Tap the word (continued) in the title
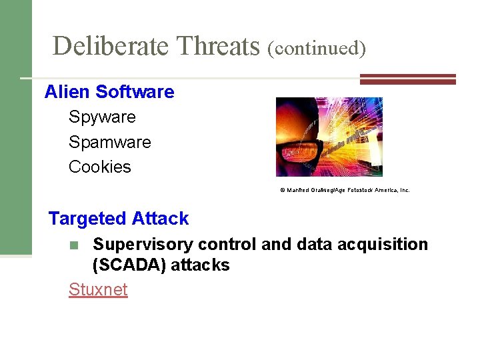[317, 48]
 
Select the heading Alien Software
[109, 92]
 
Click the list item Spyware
[102, 117]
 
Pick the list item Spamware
[110, 143]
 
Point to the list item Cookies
[100, 167]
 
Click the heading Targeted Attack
[119, 219]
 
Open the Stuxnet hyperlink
[98, 290]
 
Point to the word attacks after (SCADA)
[201, 265]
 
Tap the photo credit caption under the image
[344, 190]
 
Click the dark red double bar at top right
[407, 79]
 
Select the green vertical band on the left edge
[15, 127]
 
